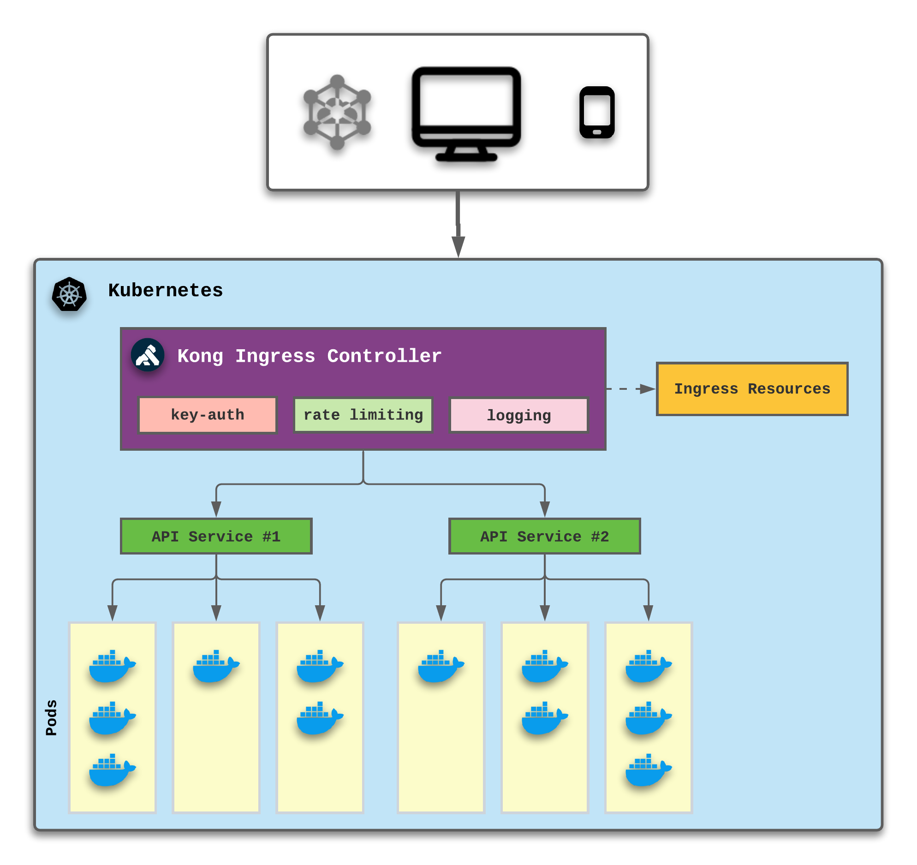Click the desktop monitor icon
(466, 113)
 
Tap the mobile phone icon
(597, 112)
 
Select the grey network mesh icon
(337, 112)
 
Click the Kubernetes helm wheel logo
(69, 294)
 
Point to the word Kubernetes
(165, 291)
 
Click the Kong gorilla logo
(148, 355)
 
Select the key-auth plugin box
(208, 415)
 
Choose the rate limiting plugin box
(363, 415)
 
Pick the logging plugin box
(519, 415)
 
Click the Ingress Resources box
(752, 389)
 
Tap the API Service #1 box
(216, 536)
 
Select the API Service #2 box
(544, 536)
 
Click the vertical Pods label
(51, 717)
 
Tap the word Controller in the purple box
(384, 356)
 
